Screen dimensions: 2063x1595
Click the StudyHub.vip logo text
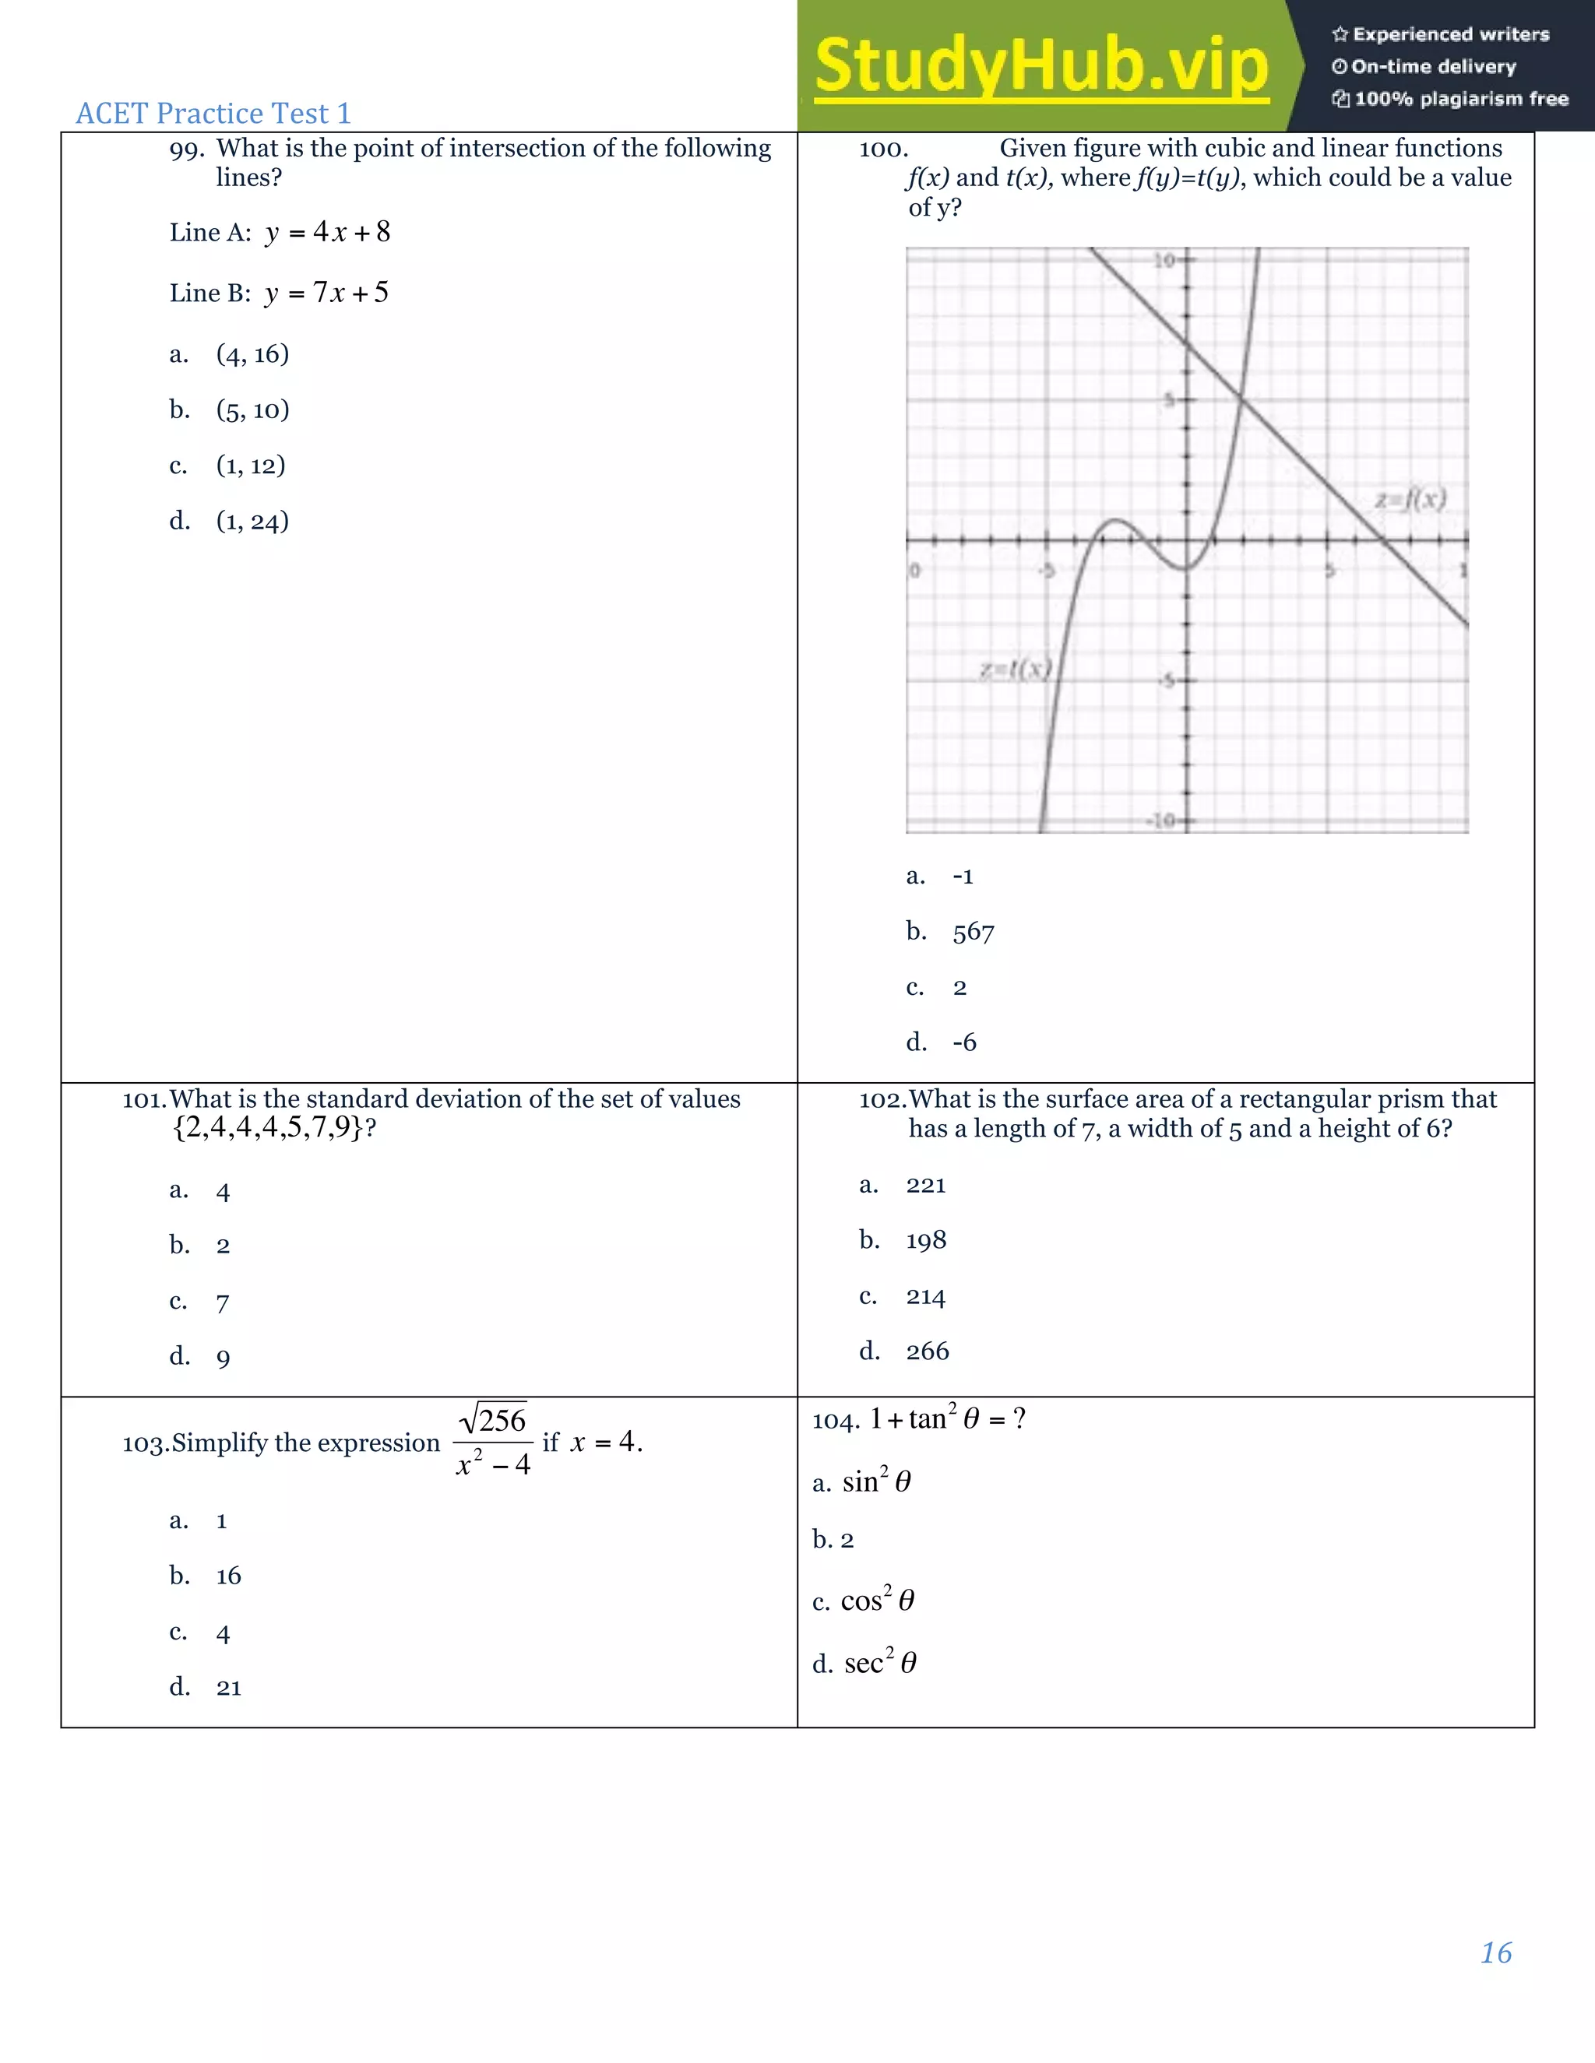click(1041, 66)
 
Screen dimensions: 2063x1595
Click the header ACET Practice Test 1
click(213, 114)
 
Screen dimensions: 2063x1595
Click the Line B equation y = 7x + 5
click(326, 293)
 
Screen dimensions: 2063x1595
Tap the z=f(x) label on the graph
click(1410, 499)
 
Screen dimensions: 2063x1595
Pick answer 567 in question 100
click(974, 933)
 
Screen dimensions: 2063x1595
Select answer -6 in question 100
click(964, 1043)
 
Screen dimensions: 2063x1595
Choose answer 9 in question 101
click(223, 1358)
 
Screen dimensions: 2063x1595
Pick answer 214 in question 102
click(925, 1296)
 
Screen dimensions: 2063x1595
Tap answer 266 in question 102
click(927, 1351)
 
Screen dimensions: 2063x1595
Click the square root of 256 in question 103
click(493, 1420)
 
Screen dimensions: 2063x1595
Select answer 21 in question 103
click(229, 1688)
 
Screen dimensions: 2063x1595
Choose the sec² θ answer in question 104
click(880, 1664)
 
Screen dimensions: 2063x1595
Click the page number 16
click(1496, 1952)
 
